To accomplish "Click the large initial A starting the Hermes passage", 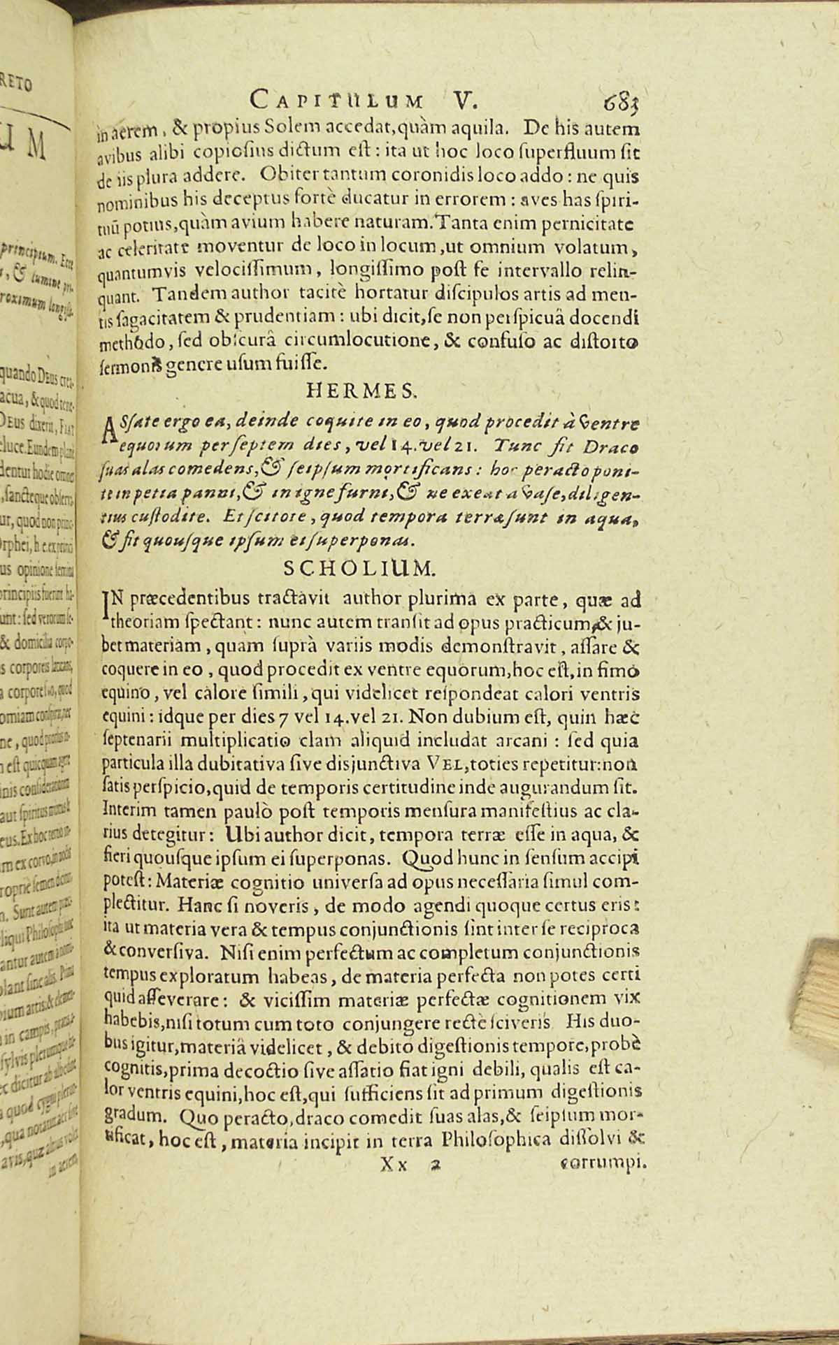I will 107,425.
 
